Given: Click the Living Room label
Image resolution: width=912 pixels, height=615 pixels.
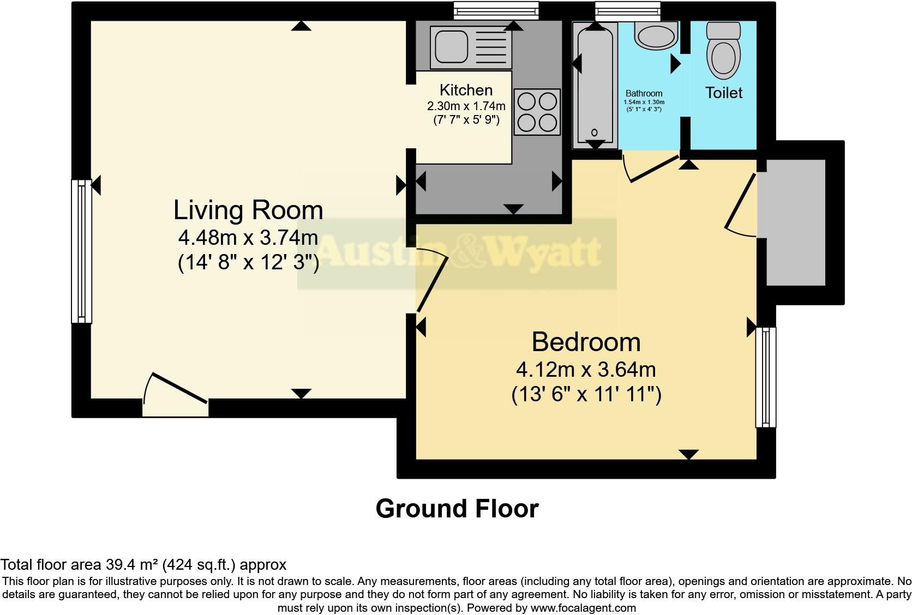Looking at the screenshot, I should point(248,210).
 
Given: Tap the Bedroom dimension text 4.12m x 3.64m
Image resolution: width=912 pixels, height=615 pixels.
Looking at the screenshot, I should point(586,370).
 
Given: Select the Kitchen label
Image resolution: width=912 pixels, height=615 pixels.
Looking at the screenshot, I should point(466,90).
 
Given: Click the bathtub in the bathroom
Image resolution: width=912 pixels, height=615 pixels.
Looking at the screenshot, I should point(595,85).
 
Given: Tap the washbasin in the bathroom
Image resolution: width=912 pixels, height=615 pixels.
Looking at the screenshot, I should point(656,35).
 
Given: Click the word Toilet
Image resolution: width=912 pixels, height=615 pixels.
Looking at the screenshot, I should point(724,93).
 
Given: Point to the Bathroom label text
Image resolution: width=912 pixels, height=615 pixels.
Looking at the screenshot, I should point(644,94).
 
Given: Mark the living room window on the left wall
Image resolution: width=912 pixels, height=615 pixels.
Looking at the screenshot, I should point(81,251).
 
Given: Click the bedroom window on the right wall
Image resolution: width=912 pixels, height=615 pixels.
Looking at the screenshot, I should point(766,377).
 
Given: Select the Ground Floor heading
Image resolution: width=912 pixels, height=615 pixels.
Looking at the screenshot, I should point(457,509).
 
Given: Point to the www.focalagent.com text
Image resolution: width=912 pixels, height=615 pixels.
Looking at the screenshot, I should point(583,607).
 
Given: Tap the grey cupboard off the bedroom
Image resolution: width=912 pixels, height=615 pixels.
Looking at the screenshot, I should point(795,222).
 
